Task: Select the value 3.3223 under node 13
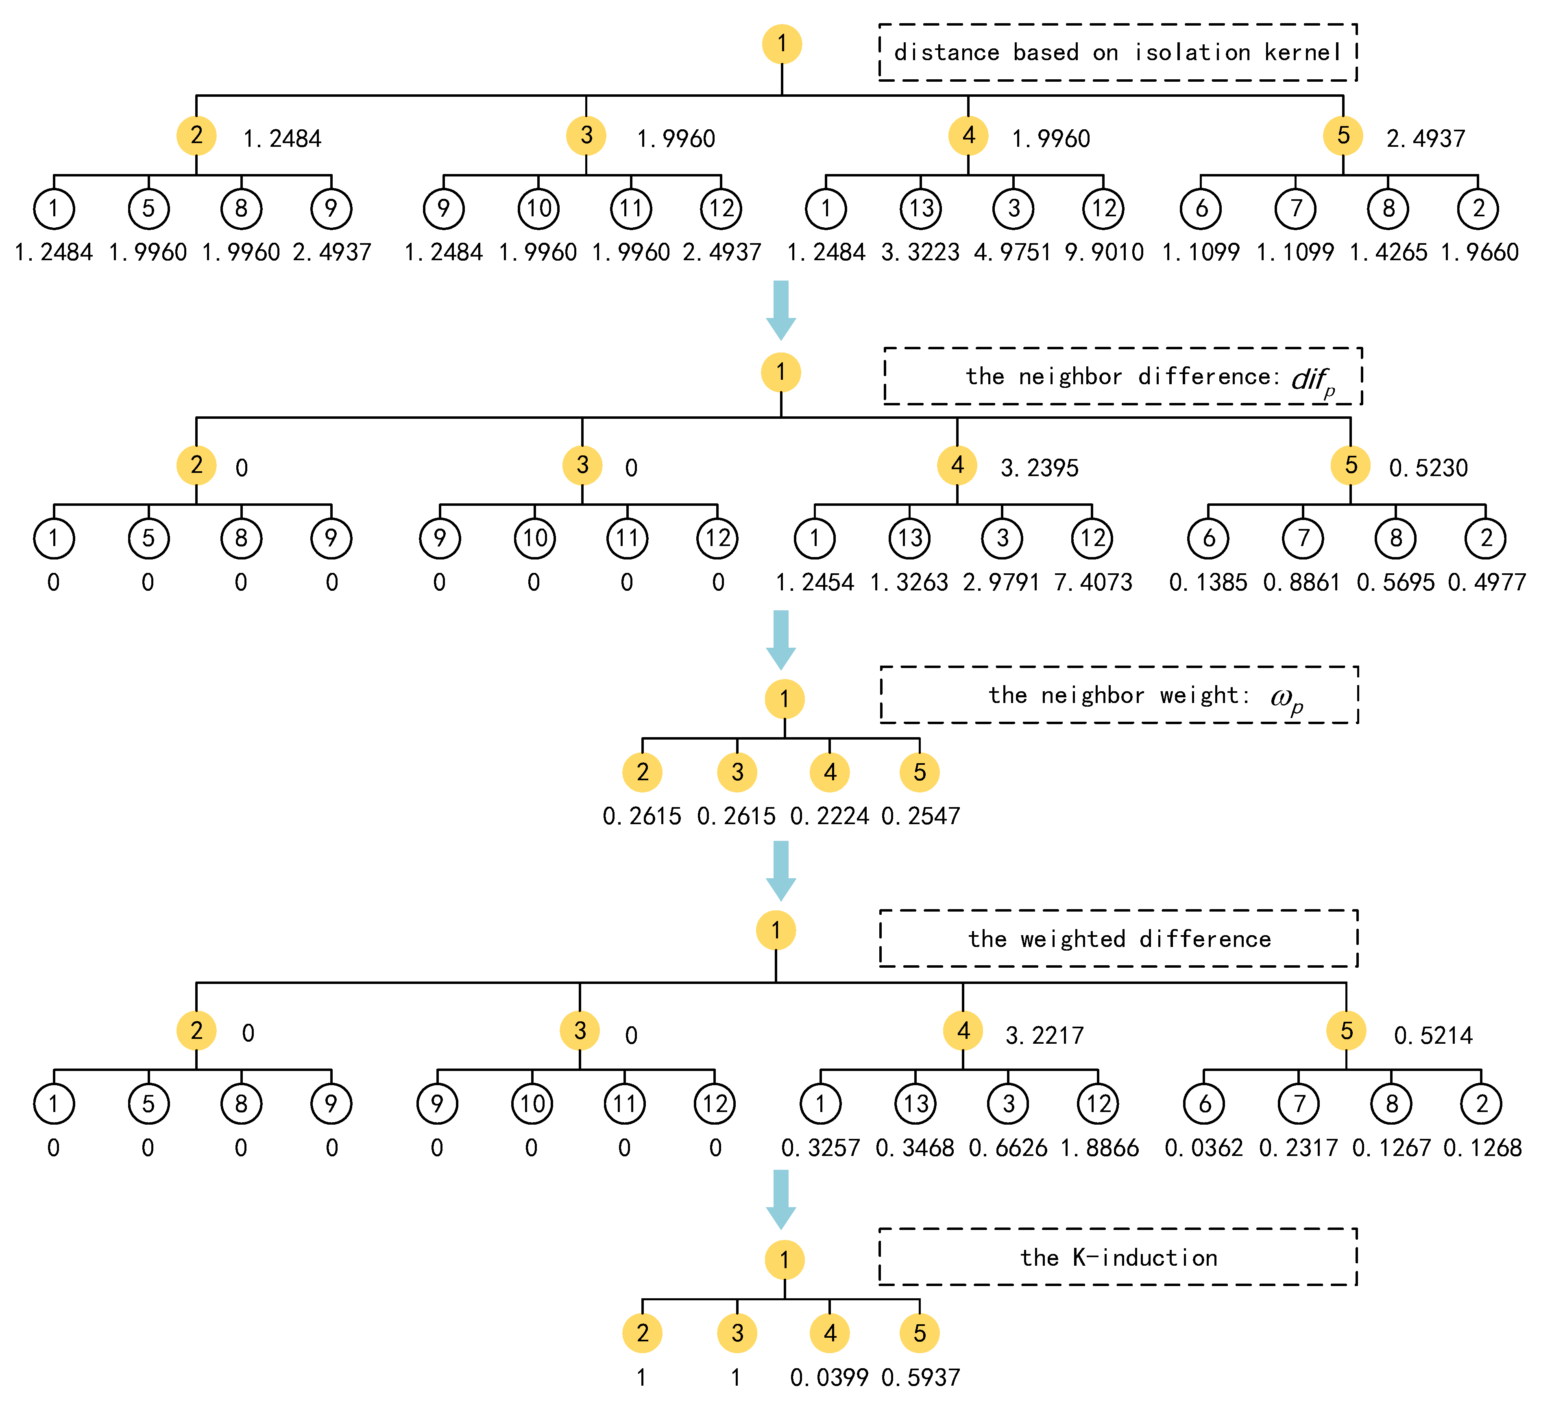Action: tap(920, 252)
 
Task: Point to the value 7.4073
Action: tap(1093, 582)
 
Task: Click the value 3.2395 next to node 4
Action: tap(1040, 468)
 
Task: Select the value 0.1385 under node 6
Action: tap(1208, 582)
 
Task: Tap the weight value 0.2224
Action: tap(829, 816)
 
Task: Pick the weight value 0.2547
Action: tap(920, 816)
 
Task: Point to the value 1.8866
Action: tap(1099, 1148)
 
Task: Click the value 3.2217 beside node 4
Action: tap(1044, 1036)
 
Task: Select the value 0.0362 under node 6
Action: tap(1204, 1148)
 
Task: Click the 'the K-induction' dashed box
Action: tap(1118, 1257)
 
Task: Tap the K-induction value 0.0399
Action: tap(829, 1378)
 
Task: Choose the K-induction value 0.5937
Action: tap(920, 1378)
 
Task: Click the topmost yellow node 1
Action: tap(781, 44)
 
